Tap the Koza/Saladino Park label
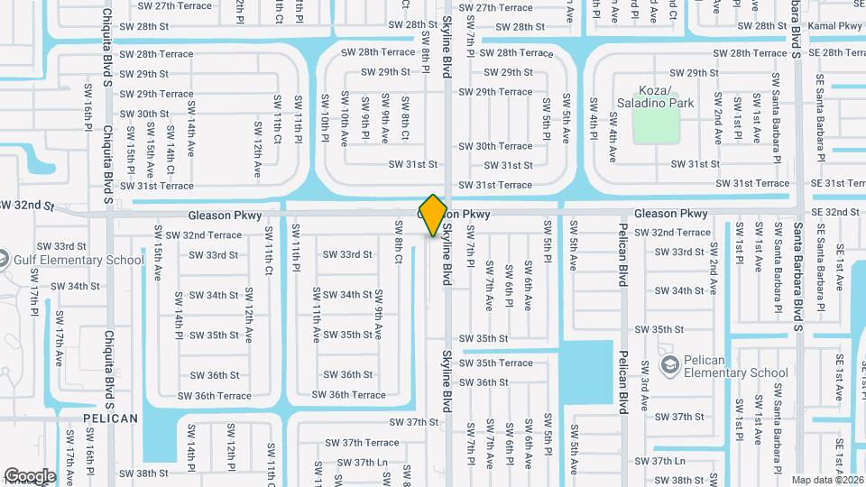655,96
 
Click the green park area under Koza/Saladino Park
656,128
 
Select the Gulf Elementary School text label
78,261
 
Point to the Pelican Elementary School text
735,365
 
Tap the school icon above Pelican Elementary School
670,363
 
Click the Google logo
30,476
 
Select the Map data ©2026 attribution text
827,479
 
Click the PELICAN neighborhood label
111,418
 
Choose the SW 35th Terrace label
504,363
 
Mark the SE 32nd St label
835,212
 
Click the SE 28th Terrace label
837,53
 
